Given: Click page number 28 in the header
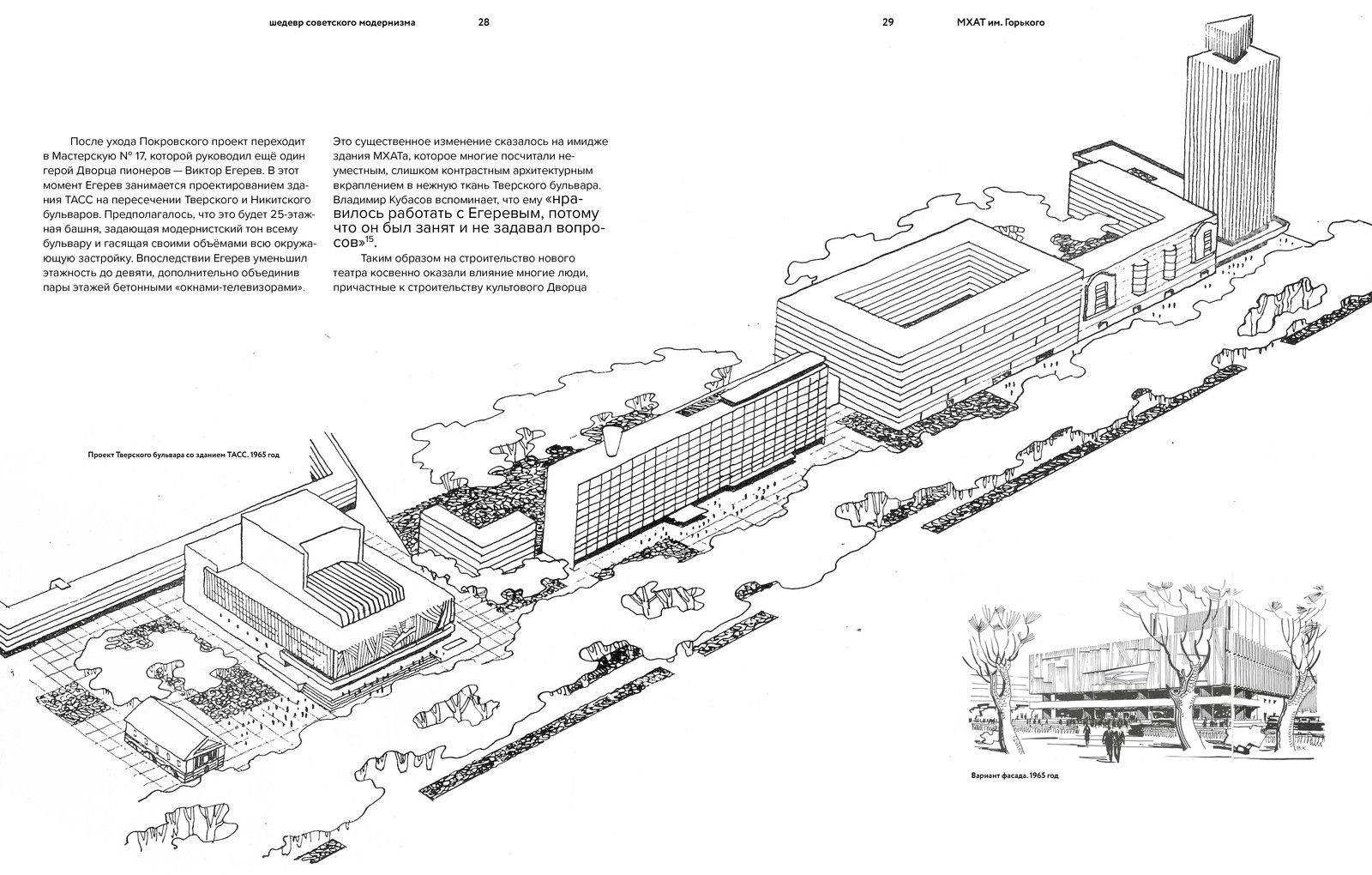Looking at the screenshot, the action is tap(484, 22).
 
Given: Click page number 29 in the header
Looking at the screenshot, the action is tap(888, 22).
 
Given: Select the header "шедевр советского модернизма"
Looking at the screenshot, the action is tap(342, 22).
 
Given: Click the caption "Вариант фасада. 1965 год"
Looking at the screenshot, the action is tap(1014, 775).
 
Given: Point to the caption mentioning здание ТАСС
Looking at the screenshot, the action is tap(184, 456).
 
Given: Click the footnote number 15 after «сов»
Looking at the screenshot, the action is tap(370, 239).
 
